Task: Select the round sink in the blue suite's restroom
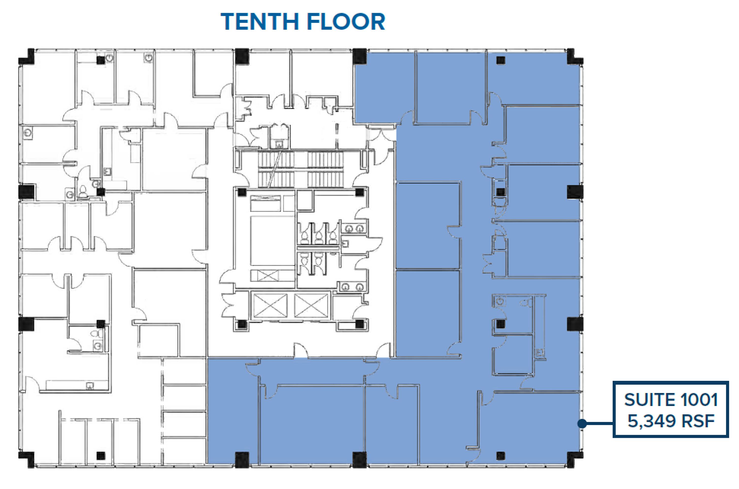coord(500,301)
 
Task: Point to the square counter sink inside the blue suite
coord(540,352)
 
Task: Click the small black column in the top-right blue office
coord(501,60)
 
